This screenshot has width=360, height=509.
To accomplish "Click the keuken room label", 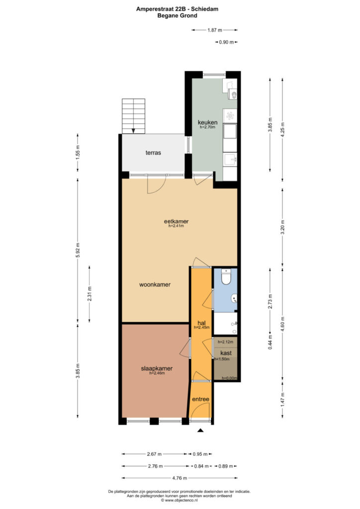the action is coord(207,122).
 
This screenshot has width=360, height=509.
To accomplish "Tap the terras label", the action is coord(153,153).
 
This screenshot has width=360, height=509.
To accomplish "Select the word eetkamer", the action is coord(176,221).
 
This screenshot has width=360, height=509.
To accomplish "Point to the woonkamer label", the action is coord(155,285).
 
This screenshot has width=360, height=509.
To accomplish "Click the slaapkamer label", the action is coord(157,368).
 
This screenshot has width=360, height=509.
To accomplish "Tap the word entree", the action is coord(200,399).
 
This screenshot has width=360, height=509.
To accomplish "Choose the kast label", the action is coord(226,353).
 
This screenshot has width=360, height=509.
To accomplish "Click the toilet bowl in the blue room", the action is coord(226,277).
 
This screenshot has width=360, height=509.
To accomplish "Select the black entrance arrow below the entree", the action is coord(200,430).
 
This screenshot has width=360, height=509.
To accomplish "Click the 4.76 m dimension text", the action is coord(180,478).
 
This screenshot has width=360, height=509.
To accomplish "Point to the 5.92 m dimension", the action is coord(78,250).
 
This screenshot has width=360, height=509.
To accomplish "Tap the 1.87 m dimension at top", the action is coord(215,30).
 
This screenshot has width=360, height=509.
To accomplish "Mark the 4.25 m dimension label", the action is coord(283,130).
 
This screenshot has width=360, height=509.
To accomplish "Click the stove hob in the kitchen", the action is coord(230,115).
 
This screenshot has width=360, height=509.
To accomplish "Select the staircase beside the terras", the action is coord(133,116).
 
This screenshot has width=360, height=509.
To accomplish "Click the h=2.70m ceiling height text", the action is coord(207,127).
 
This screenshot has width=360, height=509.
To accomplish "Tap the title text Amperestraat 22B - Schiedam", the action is coord(177,9).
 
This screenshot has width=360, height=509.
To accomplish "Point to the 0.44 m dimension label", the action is coord(270,342).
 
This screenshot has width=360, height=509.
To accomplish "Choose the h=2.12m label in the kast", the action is coord(225,342).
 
